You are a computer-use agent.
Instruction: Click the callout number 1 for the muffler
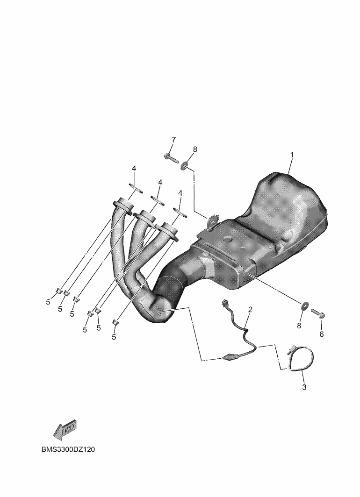pyautogui.click(x=292, y=155)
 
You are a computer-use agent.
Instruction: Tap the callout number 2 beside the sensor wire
pyautogui.click(x=250, y=309)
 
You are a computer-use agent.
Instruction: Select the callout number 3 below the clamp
pyautogui.click(x=304, y=387)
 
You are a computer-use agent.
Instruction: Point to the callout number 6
pyautogui.click(x=321, y=334)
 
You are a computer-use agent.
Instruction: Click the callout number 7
pyautogui.click(x=173, y=140)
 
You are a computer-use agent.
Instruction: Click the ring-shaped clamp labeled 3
pyautogui.click(x=300, y=359)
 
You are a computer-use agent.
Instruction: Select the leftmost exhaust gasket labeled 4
pyautogui.click(x=136, y=188)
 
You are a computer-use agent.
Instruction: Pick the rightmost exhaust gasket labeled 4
pyautogui.click(x=180, y=212)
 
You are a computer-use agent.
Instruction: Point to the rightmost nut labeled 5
pyautogui.click(x=115, y=322)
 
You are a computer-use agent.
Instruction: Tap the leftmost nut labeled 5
pyautogui.click(x=59, y=291)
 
